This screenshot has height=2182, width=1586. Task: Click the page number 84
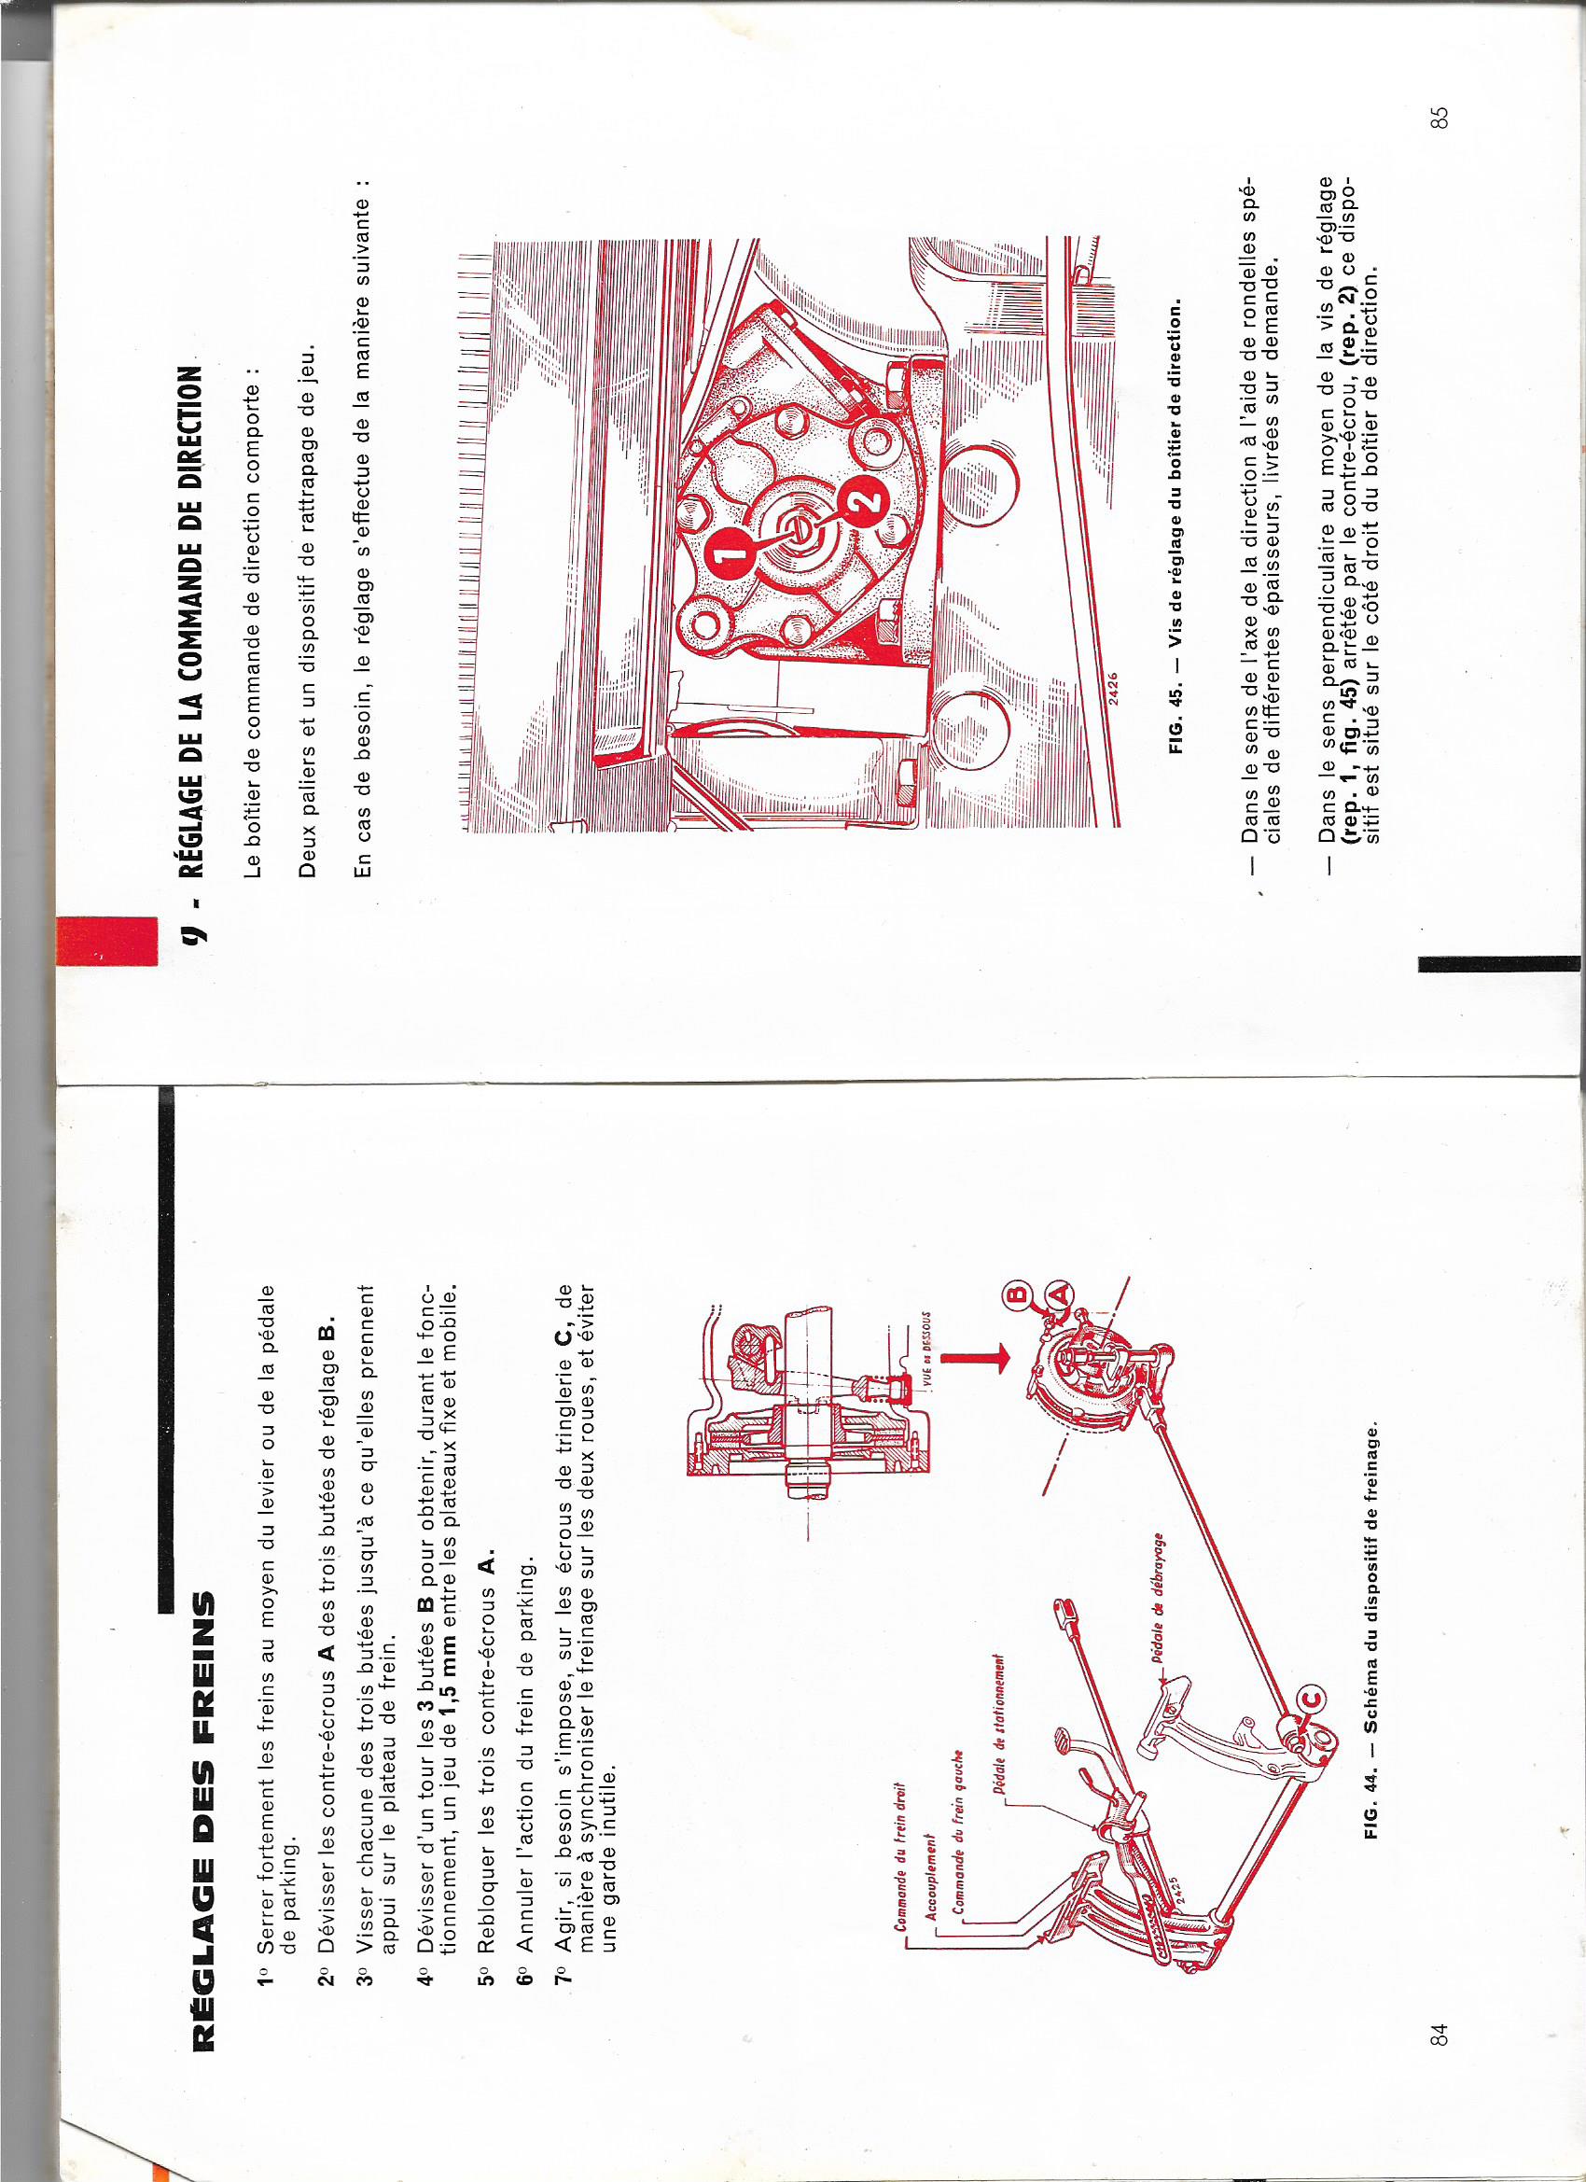click(1439, 2035)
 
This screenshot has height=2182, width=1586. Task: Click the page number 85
click(1439, 118)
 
